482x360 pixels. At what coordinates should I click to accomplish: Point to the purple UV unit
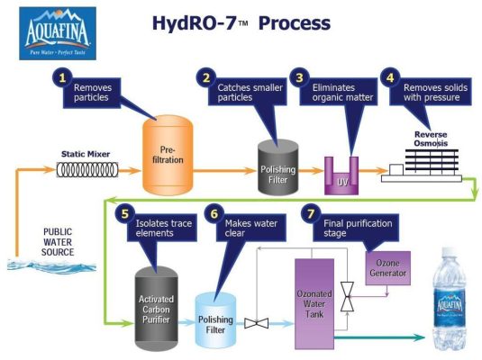pyautogui.click(x=342, y=175)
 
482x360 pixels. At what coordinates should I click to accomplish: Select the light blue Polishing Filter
pyautogui.click(x=218, y=318)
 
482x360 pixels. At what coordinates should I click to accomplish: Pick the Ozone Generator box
pyautogui.click(x=387, y=267)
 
